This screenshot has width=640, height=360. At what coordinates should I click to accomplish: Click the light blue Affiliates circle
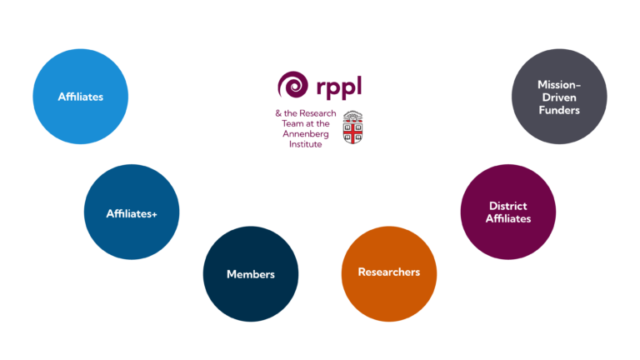80,97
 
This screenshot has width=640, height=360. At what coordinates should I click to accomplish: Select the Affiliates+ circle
132,212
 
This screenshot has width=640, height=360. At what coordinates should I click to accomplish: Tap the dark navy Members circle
250,274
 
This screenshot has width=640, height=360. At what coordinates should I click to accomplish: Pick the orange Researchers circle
389,272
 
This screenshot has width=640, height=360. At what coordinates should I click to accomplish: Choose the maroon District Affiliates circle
508,212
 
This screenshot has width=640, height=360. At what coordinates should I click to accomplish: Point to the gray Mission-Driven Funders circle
558,97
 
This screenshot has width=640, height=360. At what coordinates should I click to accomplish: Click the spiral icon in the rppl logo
294,85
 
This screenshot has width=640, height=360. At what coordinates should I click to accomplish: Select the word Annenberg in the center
307,132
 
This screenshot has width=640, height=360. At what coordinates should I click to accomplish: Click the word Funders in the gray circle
558,110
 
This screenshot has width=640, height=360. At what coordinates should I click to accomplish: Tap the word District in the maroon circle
508,206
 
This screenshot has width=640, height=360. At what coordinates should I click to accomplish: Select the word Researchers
389,272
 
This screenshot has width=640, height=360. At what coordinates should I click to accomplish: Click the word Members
250,274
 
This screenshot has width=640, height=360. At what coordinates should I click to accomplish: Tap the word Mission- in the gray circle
558,85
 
